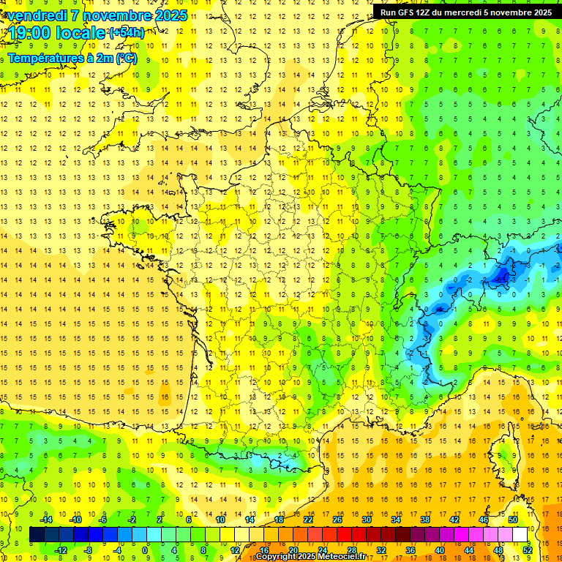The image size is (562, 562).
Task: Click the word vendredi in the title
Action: (38, 15)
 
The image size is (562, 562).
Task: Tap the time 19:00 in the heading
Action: (28, 32)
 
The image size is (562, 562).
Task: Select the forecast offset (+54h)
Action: (126, 32)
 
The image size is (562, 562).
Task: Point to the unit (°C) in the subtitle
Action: (126, 59)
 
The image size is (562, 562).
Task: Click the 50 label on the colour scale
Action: (513, 520)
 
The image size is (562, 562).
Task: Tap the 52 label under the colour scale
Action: (528, 550)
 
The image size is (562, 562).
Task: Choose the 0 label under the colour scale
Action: (145, 550)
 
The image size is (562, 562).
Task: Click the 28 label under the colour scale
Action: (352, 550)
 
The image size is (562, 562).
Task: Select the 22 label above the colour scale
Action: (308, 520)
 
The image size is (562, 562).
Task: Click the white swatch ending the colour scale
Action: (520, 535)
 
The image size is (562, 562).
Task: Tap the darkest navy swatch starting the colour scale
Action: (37, 535)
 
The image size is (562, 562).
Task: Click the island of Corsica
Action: (505, 457)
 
